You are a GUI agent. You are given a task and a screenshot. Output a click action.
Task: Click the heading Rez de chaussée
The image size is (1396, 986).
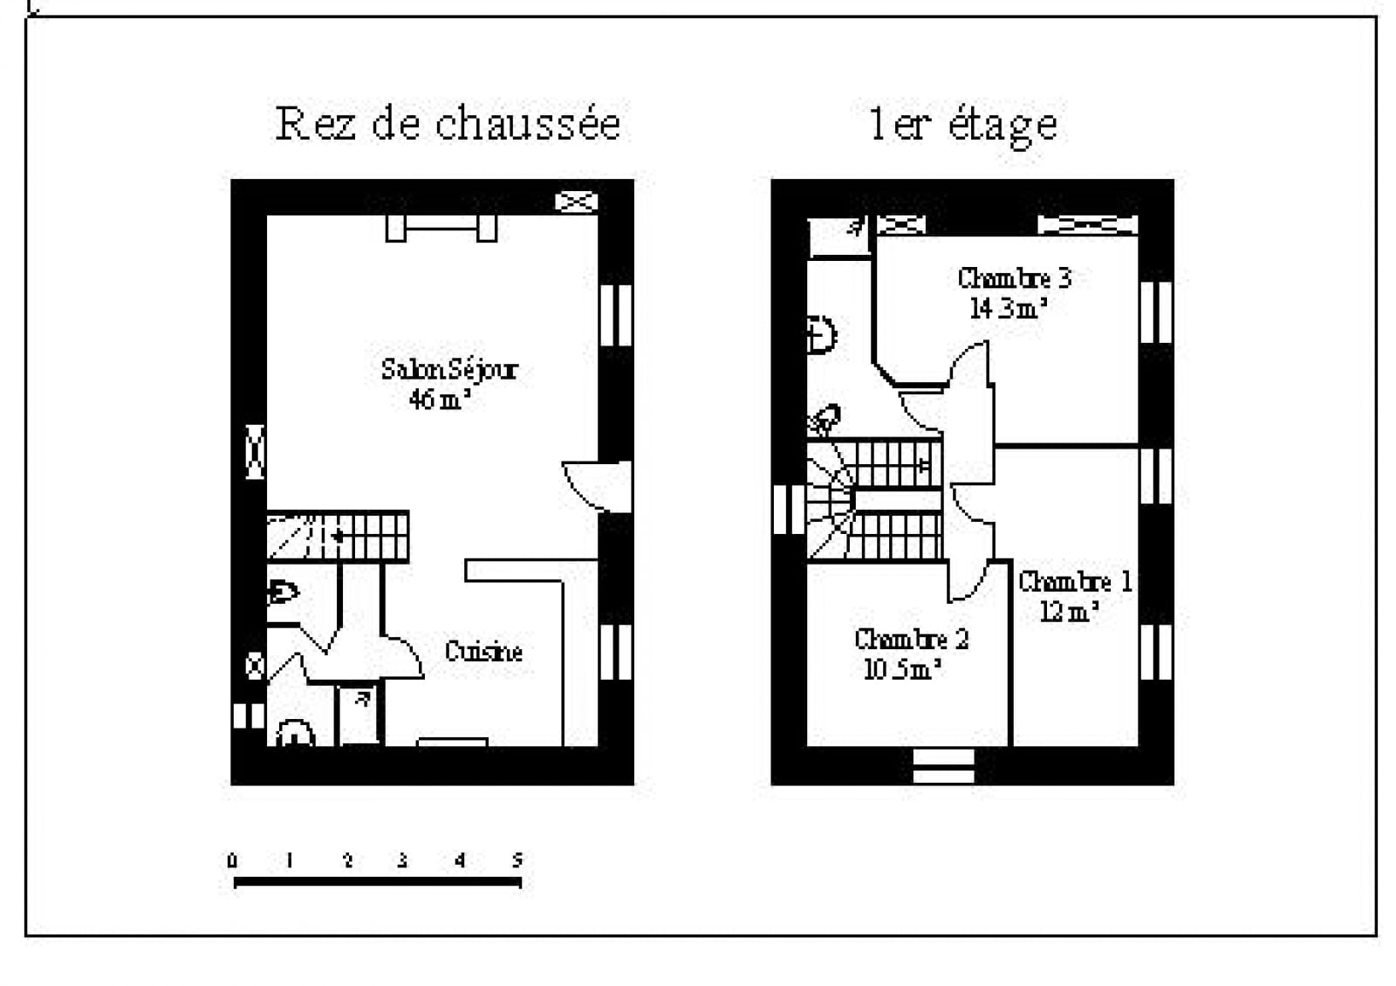coord(448,124)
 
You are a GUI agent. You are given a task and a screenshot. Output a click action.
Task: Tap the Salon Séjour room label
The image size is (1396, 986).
coord(449,370)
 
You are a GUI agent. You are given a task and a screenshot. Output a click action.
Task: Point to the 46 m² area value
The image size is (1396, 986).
coord(439,400)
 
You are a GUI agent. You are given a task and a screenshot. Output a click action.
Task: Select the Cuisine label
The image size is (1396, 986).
coord(483,652)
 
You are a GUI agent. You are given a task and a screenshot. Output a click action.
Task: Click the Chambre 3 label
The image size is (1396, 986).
coord(1014,278)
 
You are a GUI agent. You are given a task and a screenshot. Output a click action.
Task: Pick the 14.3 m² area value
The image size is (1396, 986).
coord(1007,308)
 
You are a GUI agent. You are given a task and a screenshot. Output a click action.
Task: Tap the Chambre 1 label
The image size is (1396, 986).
coord(1075,582)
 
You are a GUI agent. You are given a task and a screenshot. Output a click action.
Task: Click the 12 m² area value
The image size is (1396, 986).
coord(1068,612)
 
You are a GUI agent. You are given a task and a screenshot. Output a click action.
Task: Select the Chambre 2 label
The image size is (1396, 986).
coord(911,640)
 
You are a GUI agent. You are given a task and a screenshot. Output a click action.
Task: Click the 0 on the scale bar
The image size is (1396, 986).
coord(232,860)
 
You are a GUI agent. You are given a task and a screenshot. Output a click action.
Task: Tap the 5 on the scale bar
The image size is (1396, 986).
coord(517,860)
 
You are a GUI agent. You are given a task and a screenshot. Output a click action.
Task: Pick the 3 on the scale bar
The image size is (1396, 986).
coord(402,860)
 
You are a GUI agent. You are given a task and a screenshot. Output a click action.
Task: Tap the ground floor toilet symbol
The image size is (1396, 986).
coord(284,592)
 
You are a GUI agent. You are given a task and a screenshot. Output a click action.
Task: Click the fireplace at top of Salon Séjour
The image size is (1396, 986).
coord(441,229)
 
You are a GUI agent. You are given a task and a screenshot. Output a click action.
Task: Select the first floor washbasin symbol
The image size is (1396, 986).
coord(821,335)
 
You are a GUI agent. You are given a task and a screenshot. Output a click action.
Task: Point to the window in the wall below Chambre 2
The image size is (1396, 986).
coord(943,766)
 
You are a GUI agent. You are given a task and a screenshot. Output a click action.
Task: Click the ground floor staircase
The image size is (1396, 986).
coord(338,536)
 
